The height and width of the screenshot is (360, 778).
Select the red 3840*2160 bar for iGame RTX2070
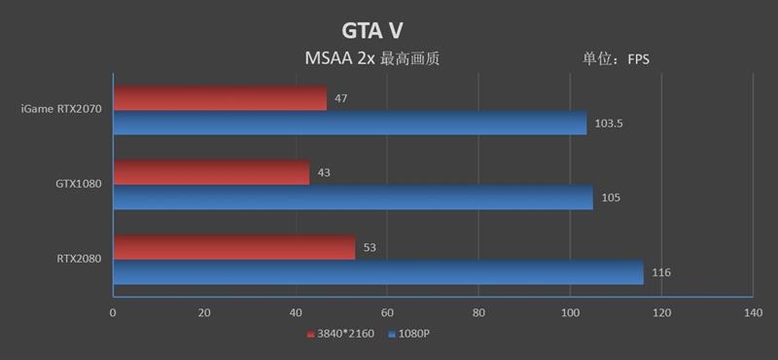220,97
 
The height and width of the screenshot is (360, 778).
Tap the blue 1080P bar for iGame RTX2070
350,123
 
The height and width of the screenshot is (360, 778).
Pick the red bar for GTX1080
211,172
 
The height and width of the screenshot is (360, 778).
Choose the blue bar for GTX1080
353,198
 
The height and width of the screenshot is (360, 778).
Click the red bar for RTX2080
234,247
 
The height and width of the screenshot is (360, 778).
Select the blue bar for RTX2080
378,272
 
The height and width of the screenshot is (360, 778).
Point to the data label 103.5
608,124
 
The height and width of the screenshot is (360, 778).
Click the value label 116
661,273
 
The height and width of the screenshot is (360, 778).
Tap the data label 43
324,172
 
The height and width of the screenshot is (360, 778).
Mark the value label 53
370,248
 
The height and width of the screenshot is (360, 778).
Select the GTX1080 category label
79,184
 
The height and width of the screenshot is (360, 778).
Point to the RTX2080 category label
79,259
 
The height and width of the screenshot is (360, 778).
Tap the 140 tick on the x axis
753,312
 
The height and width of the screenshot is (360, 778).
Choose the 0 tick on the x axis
113,312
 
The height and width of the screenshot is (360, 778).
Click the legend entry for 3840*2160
341,334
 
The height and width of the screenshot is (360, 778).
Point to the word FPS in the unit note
638,59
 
